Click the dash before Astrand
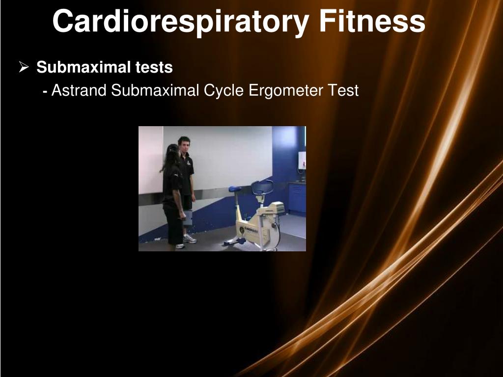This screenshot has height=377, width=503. (x=45, y=91)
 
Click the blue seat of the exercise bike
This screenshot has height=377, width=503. (x=235, y=189)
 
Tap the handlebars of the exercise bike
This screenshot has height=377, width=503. (x=262, y=187)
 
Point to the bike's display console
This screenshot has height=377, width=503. (x=277, y=207)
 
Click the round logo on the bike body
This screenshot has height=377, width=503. (x=242, y=229)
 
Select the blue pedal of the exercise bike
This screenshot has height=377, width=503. (x=241, y=241)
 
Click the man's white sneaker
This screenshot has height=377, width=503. (x=190, y=239)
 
